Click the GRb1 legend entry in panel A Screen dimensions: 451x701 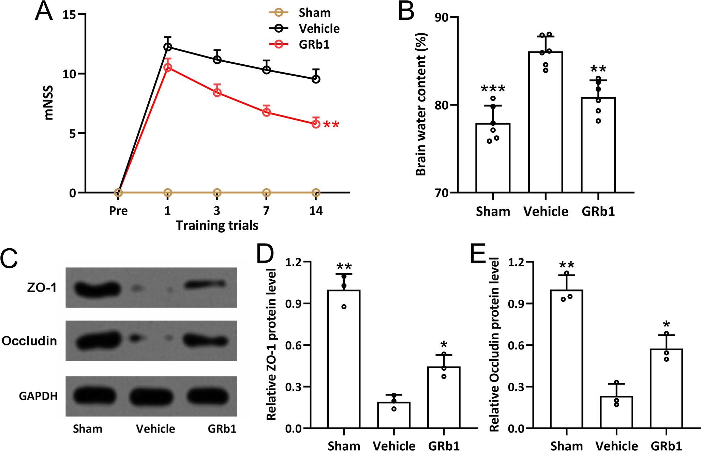(x=314, y=45)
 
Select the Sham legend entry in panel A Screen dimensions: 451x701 (x=314, y=13)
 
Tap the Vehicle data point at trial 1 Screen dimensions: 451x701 (x=167, y=47)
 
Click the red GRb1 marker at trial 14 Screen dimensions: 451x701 (x=316, y=124)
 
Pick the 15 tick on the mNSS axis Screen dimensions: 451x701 (x=69, y=15)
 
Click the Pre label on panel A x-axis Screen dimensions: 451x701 (x=118, y=211)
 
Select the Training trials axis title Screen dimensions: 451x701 (x=217, y=226)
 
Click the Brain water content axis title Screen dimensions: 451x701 (x=421, y=104)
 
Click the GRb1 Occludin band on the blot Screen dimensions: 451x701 (x=205, y=340)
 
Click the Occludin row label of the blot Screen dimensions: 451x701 (x=29, y=341)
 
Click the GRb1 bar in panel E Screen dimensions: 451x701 (x=666, y=388)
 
